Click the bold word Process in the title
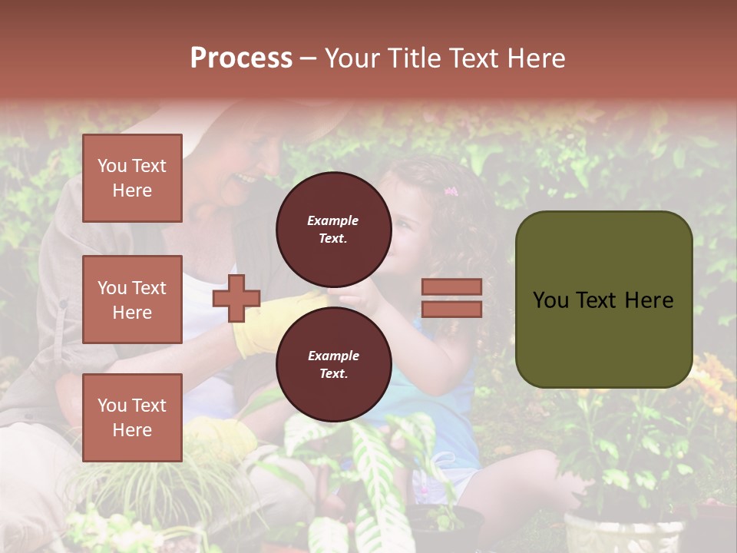coord(241,58)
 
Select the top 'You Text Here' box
coord(132,178)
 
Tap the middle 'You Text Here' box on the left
coord(132,300)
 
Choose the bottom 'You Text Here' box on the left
coord(132,418)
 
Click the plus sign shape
coord(236,299)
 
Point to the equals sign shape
coord(451,298)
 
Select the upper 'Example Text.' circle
coord(333,229)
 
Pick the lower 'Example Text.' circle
coord(333,364)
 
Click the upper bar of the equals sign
coord(451,287)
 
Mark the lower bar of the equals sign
coord(451,309)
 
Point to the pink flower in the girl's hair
coord(451,191)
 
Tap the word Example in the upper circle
coord(333,220)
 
